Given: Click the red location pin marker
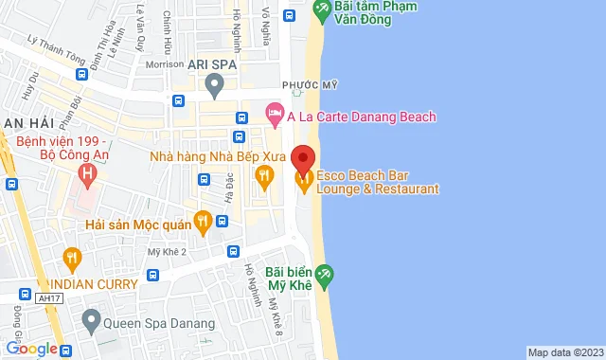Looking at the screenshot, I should pyautogui.click(x=303, y=157).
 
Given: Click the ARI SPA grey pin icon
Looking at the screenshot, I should pyautogui.click(x=215, y=87).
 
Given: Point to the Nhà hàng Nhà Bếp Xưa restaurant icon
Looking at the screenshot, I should pyautogui.click(x=265, y=174).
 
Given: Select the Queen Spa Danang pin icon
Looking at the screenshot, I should pyautogui.click(x=90, y=321).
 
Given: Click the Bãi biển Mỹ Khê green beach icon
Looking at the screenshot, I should pyautogui.click(x=326, y=275).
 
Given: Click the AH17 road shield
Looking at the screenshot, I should pyautogui.click(x=45, y=297).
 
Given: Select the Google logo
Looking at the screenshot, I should pyautogui.click(x=30, y=349).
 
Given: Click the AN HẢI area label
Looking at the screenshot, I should pyautogui.click(x=27, y=125).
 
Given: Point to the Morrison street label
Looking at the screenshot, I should pyautogui.click(x=165, y=64).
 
